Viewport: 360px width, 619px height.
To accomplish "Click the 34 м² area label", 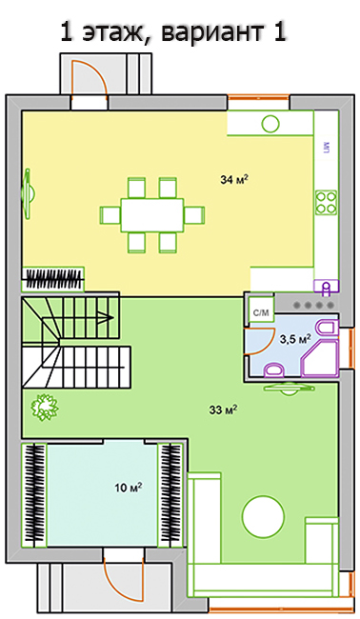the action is (x=234, y=180).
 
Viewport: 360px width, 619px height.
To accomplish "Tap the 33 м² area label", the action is (x=223, y=410).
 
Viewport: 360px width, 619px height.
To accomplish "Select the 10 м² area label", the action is (x=129, y=488).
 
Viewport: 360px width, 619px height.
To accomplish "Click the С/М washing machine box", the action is (x=261, y=313).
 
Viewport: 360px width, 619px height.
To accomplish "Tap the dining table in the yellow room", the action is (x=152, y=215).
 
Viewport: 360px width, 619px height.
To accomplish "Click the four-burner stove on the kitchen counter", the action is (x=327, y=203).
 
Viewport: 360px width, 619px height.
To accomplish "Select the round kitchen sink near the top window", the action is (x=270, y=124).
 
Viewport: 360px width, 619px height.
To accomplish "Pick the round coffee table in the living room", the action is (x=263, y=517).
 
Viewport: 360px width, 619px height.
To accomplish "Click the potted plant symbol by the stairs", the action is (x=45, y=407).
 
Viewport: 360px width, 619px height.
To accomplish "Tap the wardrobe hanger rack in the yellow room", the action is (x=53, y=279).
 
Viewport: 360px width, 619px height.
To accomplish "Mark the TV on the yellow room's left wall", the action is (x=29, y=193).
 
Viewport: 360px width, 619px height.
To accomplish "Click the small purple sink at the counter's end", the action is (x=326, y=287).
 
